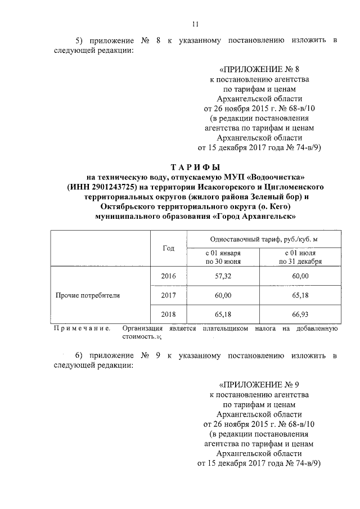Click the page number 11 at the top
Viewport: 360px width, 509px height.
pyautogui.click(x=195, y=24)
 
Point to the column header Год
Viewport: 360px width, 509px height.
pyautogui.click(x=168, y=248)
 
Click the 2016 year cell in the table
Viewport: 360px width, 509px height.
pyautogui.click(x=168, y=276)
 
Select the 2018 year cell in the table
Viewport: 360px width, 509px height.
pyautogui.click(x=168, y=314)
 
